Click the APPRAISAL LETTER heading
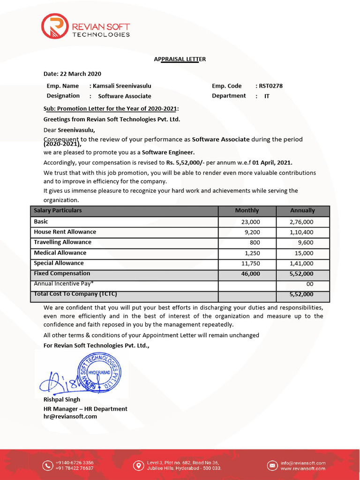[x=180, y=59]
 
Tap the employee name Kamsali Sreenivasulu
[x=122, y=86]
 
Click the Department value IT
[x=267, y=96]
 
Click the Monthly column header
[x=247, y=210]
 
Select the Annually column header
[x=302, y=210]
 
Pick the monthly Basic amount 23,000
[x=250, y=222]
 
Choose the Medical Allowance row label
[x=60, y=253]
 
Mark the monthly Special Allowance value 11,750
[x=250, y=263]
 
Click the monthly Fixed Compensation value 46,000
[x=250, y=274]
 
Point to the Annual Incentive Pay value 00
[x=309, y=284]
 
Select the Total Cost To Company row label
[x=75, y=294]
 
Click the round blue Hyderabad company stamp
[x=100, y=373]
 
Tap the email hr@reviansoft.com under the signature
[x=70, y=416]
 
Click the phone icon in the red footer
[x=47, y=465]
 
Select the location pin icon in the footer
[x=138, y=465]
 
